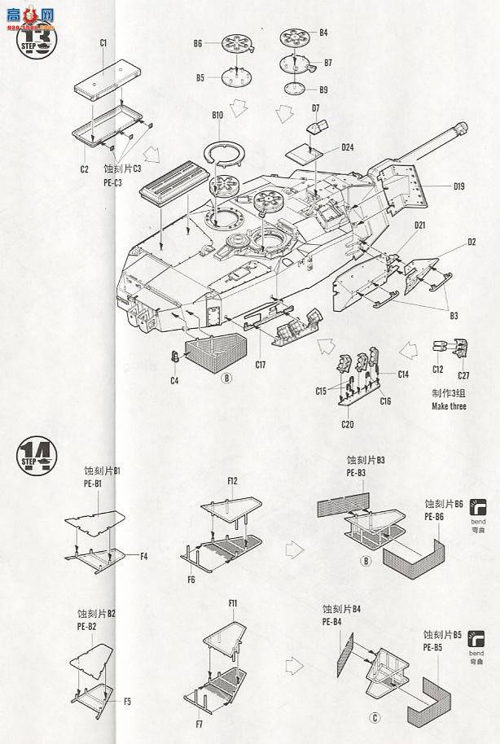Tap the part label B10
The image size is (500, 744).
(x=217, y=116)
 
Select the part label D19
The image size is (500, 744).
(x=458, y=186)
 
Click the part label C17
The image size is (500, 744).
(x=260, y=365)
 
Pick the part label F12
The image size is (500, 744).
(x=232, y=481)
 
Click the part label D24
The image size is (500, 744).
(x=347, y=147)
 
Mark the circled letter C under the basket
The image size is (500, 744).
(x=374, y=717)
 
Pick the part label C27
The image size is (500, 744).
(x=464, y=375)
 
